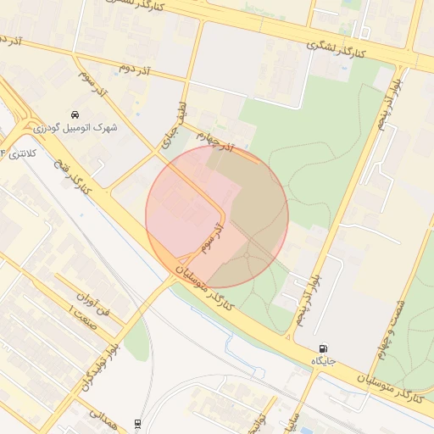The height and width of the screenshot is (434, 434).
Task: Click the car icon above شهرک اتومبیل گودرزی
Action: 75,114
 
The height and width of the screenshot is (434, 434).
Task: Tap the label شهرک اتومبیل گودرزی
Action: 75,127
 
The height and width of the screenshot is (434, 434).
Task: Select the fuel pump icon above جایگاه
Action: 323,348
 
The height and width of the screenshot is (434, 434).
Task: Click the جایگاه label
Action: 323,361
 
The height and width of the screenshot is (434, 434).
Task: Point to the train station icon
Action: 138,422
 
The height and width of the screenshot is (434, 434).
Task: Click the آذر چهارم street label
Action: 214,139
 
